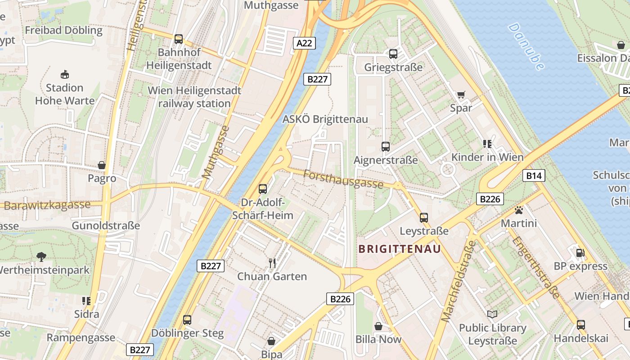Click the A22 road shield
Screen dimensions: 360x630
tap(305, 43)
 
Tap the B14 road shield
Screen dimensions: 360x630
tap(534, 175)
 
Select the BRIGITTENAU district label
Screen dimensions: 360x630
tap(399, 249)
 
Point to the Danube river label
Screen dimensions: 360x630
tap(526, 46)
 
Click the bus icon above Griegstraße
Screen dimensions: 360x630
tap(393, 54)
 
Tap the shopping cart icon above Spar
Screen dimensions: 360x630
tap(461, 94)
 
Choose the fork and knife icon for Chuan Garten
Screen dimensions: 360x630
tap(272, 263)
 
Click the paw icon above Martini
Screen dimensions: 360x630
tap(519, 210)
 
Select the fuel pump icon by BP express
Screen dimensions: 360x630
tap(580, 253)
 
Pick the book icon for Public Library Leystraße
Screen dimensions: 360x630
tap(492, 314)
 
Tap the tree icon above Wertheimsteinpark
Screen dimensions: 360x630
tap(41, 257)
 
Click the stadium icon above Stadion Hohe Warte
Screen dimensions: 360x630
tap(65, 74)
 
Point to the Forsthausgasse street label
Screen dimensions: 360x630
tap(343, 179)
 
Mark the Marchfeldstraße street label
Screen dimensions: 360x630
tap(459, 281)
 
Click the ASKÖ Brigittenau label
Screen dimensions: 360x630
tap(325, 119)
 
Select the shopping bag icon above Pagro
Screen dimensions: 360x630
tap(102, 165)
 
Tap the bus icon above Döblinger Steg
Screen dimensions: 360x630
tap(187, 320)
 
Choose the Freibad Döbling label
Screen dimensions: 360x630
tap(64, 31)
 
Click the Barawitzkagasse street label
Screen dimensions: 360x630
tap(47, 205)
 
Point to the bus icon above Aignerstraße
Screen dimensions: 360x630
tap(386, 147)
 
